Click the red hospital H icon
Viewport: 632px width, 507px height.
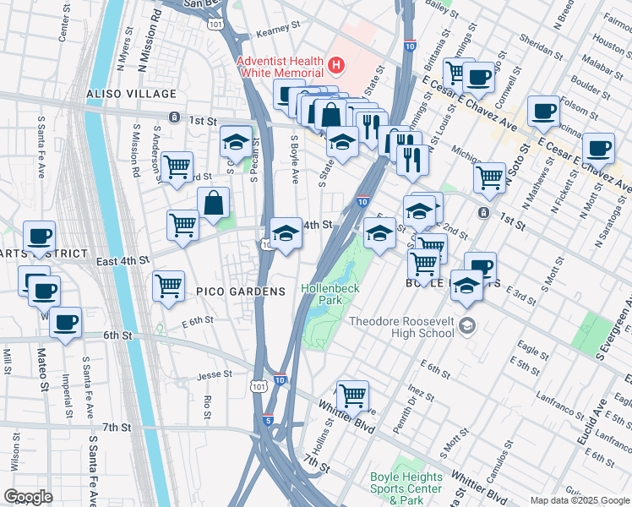[337, 64]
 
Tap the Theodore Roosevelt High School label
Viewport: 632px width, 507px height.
[401, 327]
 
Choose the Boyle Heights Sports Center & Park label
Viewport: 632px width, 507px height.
[406, 483]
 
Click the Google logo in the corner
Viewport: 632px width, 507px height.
[27, 497]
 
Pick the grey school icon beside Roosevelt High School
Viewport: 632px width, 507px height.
[469, 325]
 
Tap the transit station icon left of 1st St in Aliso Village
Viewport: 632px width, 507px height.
[173, 117]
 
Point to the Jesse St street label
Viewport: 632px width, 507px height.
[215, 374]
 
